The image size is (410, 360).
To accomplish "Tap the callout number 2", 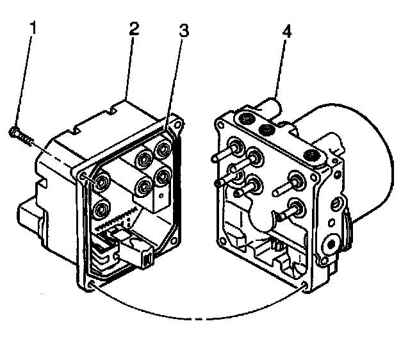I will click(133, 29).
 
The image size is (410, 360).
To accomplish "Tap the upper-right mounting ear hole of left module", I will click(172, 126).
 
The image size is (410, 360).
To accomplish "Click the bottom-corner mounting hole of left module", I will click(94, 282).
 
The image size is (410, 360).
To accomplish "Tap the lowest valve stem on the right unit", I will click(297, 206).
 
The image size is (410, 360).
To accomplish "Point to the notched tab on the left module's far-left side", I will click(29, 212).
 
